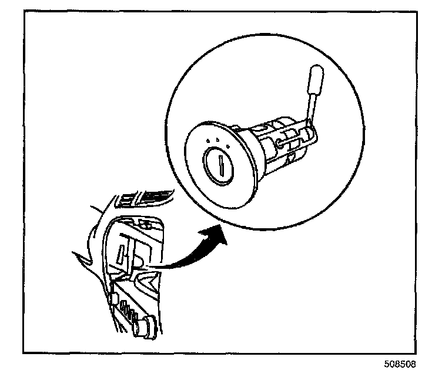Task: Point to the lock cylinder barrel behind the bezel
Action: [x=276, y=144]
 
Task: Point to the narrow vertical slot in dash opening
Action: [x=120, y=255]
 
